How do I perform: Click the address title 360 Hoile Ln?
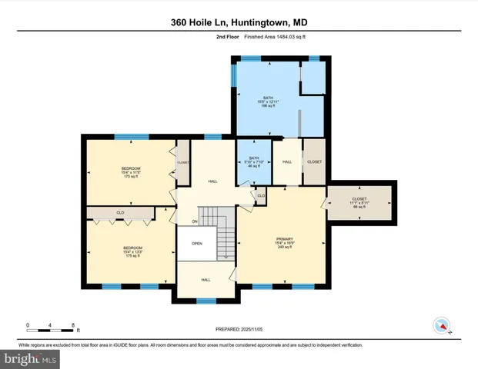[x=239, y=22]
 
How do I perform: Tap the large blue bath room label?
[x=268, y=102]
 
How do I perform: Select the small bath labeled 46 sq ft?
[x=253, y=162]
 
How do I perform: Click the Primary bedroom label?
[x=285, y=244]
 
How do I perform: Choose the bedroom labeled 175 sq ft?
[x=130, y=172]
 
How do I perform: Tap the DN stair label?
[x=196, y=221]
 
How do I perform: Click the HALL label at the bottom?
[x=206, y=280]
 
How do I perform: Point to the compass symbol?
[x=441, y=325]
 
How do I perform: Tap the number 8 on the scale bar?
[x=72, y=325]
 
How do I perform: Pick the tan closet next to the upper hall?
[x=314, y=162]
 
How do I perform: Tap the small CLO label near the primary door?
[x=262, y=196]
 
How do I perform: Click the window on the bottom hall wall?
[x=206, y=301]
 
